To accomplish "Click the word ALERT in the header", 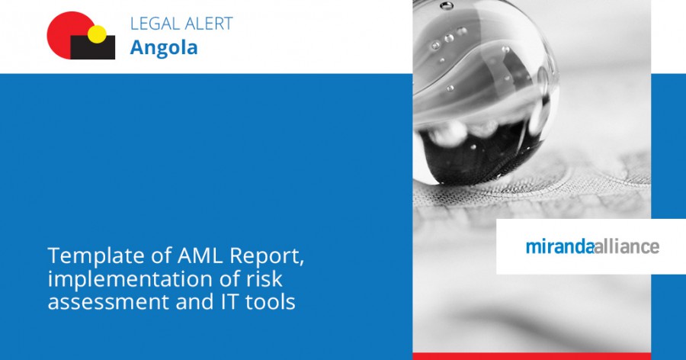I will point(207,24).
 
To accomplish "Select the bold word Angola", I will point(164,47).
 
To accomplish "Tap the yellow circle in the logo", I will point(97,34).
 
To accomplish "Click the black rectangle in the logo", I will point(93,49).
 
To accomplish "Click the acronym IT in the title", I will point(226,302).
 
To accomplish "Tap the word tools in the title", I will point(270,302).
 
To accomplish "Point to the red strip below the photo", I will point(531,355).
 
